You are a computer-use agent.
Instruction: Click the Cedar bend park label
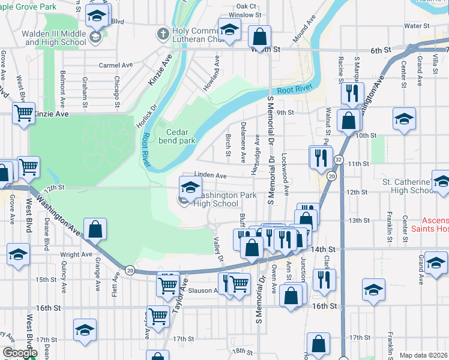pyautogui.click(x=177, y=137)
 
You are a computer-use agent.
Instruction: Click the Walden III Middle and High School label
pyautogui.click(x=54, y=38)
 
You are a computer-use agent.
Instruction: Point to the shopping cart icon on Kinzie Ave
pyautogui.click(x=23, y=112)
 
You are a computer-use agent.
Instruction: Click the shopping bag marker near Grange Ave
pyautogui.click(x=95, y=229)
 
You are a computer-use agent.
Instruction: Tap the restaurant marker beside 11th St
pyautogui.click(x=321, y=157)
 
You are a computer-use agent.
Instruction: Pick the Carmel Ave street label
pyautogui.click(x=116, y=65)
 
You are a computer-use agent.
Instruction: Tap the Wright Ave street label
pyautogui.click(x=76, y=254)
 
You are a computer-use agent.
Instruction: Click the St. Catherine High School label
pyautogui.click(x=407, y=186)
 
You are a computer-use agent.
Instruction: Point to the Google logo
pyautogui.click(x=20, y=353)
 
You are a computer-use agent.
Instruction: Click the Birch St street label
pyautogui.click(x=228, y=145)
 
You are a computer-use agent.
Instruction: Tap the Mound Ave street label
pyautogui.click(x=303, y=32)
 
